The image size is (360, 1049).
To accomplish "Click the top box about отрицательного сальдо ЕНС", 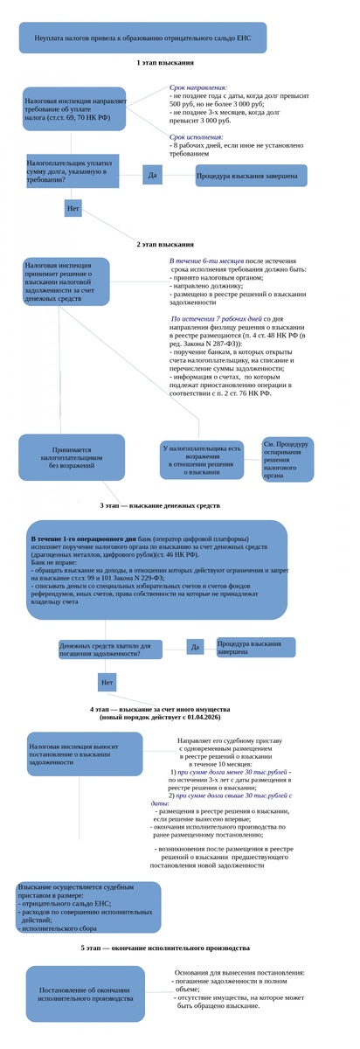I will [x=142, y=38].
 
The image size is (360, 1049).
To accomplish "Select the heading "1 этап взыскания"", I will [x=165, y=64].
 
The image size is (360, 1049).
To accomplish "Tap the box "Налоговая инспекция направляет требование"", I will [x=74, y=108].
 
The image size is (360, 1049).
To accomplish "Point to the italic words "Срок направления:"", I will [x=198, y=88].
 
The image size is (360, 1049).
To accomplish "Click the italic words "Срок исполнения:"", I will [x=197, y=136].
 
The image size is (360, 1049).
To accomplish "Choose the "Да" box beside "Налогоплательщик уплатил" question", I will [x=153, y=176].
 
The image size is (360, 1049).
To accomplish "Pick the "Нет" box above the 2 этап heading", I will [x=73, y=209].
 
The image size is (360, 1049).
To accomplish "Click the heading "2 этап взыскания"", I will [x=165, y=244].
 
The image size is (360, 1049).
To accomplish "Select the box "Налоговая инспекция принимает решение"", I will [x=66, y=281].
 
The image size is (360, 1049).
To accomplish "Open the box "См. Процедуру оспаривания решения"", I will [x=287, y=459].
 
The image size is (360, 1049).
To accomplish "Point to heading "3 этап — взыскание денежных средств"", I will [x=160, y=505].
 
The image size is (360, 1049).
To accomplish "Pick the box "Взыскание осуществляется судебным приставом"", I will [x=87, y=907].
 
